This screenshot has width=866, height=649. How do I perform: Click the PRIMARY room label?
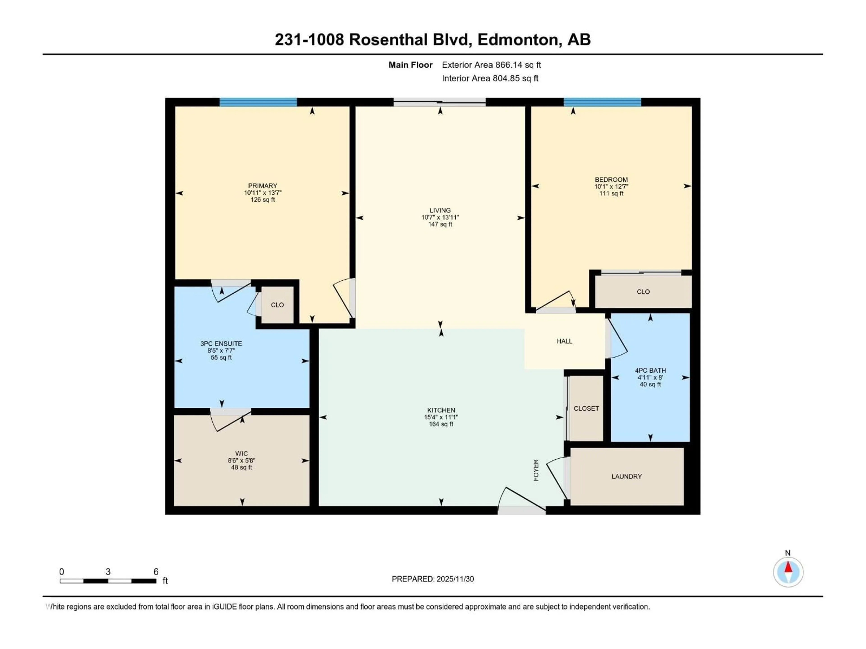(x=262, y=186)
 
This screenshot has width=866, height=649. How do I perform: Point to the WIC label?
(x=242, y=454)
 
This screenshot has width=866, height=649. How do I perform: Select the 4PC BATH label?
(x=650, y=370)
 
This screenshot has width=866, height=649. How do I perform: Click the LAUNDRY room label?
(x=626, y=476)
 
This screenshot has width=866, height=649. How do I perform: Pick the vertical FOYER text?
(x=536, y=470)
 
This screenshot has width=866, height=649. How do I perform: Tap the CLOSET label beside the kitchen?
(x=586, y=408)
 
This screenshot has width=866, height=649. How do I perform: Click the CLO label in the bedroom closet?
(x=643, y=292)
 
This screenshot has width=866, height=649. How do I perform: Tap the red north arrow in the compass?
(x=788, y=567)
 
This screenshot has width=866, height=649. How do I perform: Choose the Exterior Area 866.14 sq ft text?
(x=491, y=65)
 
